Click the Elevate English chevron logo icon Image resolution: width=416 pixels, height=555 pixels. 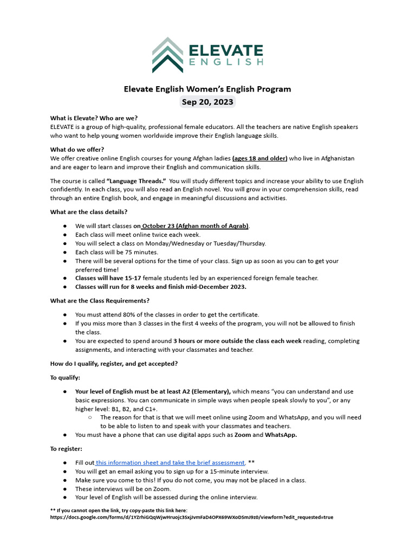coord(167,55)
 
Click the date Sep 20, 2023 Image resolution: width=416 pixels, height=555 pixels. coord(208,102)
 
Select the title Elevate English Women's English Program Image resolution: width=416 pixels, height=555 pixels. coord(208,89)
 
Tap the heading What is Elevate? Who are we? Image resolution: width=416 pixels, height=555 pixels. coord(94,118)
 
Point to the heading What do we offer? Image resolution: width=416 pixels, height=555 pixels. coord(77,150)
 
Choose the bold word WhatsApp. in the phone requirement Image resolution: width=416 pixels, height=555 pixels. coord(281,435)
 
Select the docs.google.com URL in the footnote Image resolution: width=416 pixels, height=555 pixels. coord(192,517)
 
